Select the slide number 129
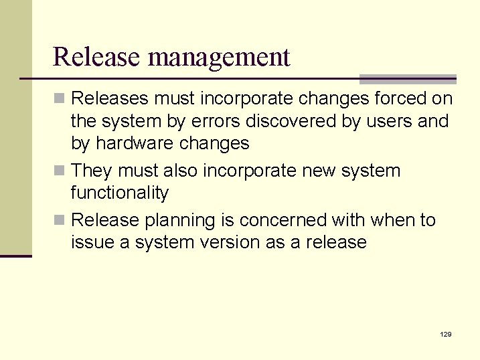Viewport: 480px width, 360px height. (446, 333)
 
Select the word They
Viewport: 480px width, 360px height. (92, 171)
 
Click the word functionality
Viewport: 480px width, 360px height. (120, 193)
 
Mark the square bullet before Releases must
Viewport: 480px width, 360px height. (60, 99)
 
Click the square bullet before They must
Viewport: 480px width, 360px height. (60, 171)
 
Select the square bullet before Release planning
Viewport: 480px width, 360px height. (60, 220)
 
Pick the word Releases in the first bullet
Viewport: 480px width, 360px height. (110, 99)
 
